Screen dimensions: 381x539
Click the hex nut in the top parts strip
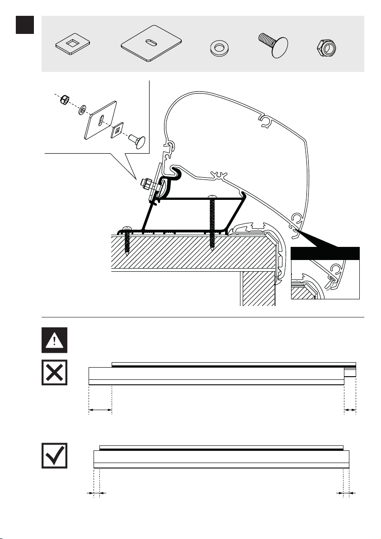point(327,47)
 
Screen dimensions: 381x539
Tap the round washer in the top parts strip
point(220,47)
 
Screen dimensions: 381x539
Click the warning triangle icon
point(54,340)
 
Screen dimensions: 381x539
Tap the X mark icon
point(54,372)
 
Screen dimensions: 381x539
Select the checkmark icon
point(54,455)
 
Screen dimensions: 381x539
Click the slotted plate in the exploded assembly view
point(100,120)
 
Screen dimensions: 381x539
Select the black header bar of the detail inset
point(325,253)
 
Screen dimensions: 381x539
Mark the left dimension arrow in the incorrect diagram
point(100,410)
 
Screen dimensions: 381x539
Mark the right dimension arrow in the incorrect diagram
point(350,410)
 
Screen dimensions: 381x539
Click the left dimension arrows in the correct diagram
point(96,493)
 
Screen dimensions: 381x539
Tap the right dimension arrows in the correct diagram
point(346,493)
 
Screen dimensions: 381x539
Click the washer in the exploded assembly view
point(83,109)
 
